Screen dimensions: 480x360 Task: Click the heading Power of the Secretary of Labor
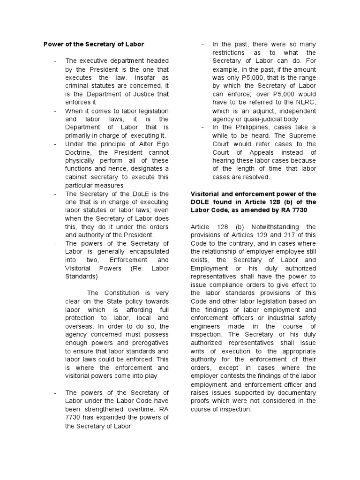pos(94,44)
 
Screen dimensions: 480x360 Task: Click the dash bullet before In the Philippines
pos(202,127)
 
